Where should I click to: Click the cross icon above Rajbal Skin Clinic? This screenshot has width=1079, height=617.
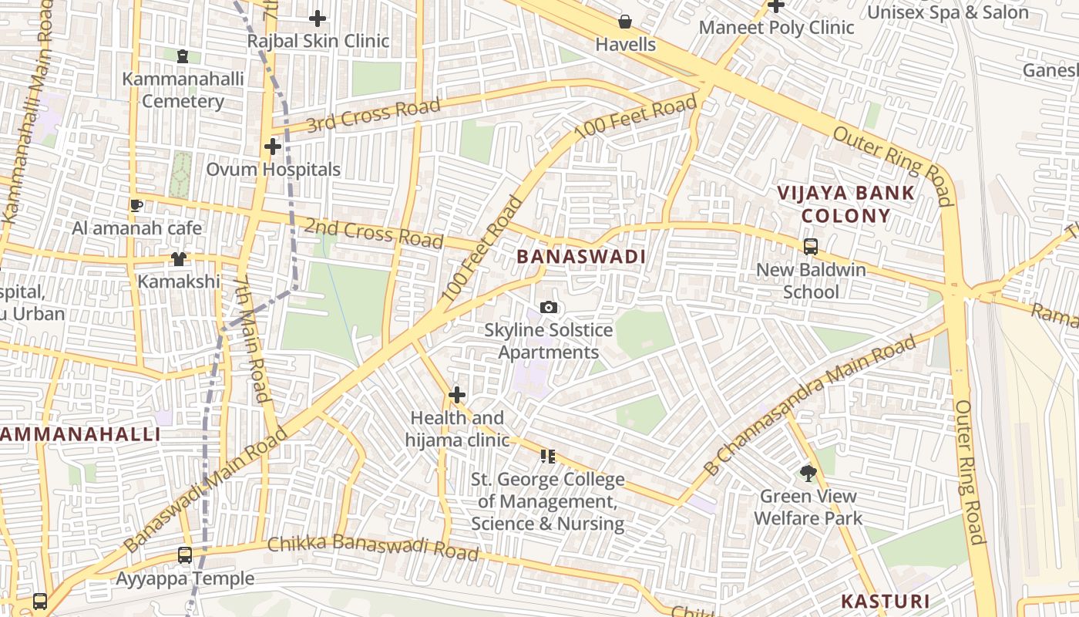point(317,19)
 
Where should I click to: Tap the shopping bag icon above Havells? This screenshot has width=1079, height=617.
point(625,22)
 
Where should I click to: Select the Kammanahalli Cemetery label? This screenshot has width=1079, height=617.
point(183,89)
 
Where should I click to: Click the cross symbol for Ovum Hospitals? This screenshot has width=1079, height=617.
point(272,147)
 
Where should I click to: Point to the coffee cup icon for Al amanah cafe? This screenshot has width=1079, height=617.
point(136,205)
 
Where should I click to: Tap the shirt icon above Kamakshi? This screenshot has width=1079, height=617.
point(179,258)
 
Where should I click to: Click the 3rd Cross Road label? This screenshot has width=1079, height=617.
point(374,115)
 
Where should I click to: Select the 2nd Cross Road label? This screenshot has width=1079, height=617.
point(374,233)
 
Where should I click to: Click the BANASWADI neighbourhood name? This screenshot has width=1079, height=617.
point(580,257)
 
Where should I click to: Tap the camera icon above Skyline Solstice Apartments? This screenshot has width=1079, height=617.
point(548,308)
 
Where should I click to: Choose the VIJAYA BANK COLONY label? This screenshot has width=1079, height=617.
point(845,204)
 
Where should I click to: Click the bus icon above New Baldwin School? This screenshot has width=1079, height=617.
point(810,247)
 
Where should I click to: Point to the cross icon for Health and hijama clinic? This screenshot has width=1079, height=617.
point(457,396)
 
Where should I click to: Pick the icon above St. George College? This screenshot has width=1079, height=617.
point(548,457)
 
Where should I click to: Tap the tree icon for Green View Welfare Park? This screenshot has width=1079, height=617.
point(808,473)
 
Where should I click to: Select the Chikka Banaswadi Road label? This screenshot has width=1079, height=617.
point(373,548)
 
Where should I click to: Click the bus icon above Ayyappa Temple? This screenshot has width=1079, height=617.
point(185,555)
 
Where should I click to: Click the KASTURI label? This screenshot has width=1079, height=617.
point(885,601)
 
